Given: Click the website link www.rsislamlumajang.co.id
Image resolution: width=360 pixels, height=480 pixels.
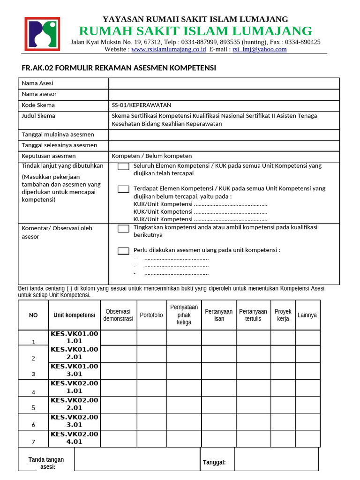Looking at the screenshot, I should (168, 49).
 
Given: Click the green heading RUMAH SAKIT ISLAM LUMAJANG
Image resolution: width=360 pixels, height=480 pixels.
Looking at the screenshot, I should (195, 31).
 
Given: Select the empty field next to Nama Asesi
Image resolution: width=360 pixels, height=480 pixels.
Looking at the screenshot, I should (224, 83).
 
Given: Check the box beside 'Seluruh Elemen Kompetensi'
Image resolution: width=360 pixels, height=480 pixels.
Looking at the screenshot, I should (123, 166).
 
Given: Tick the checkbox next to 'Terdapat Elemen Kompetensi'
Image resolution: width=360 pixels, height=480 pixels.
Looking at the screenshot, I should (123, 189).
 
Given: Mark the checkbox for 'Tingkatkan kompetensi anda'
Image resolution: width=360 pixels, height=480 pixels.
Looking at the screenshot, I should (123, 228).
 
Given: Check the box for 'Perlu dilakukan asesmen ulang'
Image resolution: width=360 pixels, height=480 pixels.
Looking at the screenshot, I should (123, 251).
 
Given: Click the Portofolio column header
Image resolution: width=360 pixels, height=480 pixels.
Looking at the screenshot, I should (151, 315).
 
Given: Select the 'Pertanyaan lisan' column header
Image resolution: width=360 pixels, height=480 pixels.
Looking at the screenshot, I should (218, 315).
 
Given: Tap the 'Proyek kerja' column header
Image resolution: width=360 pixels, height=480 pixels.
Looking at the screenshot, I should (283, 315).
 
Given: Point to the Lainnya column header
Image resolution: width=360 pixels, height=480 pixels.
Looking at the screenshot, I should (307, 315).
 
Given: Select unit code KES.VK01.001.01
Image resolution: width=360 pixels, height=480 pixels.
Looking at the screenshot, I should (75, 337).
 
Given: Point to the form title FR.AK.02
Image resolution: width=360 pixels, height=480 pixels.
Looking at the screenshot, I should (119, 68).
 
